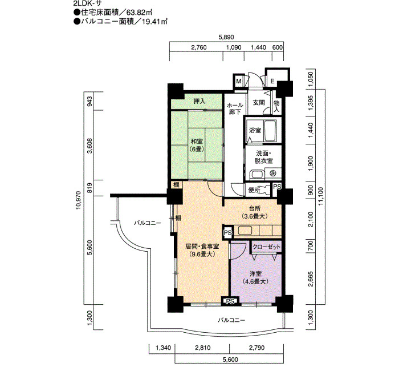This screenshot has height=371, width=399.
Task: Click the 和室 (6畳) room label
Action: [197, 145]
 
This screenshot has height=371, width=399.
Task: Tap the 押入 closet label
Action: [199, 101]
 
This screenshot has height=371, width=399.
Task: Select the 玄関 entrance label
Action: [259, 103]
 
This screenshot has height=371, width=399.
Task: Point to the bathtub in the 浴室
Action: [270, 131]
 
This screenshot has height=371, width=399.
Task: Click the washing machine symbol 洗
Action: [273, 174]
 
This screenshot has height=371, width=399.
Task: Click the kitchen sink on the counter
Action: [245, 231]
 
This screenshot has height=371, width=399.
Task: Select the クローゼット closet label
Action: [266, 247]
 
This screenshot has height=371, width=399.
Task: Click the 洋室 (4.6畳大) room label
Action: [255, 278]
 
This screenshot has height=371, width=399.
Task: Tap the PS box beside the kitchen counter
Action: [228, 233]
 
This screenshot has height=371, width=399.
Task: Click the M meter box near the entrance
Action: [239, 81]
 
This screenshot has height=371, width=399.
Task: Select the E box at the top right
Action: [272, 81]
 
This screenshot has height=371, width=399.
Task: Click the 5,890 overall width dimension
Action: [226, 37]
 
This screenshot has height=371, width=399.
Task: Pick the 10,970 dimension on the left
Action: [78, 200]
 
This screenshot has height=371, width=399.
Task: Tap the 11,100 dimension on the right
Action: [320, 196]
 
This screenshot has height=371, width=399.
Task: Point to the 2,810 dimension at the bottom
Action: [203, 348]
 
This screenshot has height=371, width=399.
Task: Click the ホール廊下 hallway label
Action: [235, 108]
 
